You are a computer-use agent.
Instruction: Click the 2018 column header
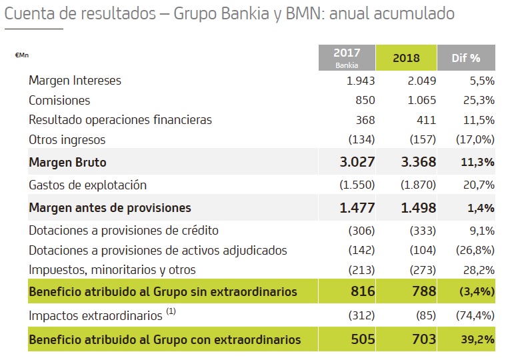(406, 57)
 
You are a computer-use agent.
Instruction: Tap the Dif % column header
(466, 57)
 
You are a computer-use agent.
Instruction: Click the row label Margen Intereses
(75, 81)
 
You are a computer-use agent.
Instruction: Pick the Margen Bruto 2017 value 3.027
(357, 162)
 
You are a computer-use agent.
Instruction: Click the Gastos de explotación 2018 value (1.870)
(418, 185)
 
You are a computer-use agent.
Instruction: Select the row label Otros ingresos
(67, 140)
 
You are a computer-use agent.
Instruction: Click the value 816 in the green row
(363, 291)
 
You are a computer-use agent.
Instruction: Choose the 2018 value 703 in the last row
(424, 339)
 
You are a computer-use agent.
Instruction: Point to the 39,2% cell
(477, 339)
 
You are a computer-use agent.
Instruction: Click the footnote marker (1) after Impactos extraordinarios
(171, 312)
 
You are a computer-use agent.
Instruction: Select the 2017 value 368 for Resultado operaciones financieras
(365, 120)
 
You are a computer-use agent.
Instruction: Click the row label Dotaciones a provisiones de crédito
(123, 231)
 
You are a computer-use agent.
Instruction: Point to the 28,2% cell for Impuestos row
(480, 270)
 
